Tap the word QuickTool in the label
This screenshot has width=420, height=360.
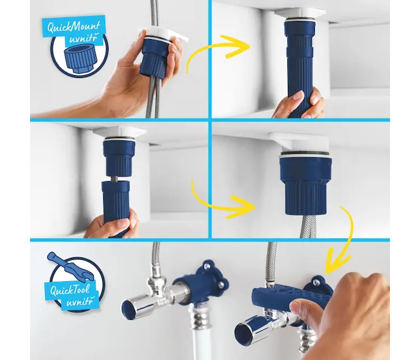70,290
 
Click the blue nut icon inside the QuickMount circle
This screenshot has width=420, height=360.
77,59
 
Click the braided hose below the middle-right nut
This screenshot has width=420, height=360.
305,226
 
